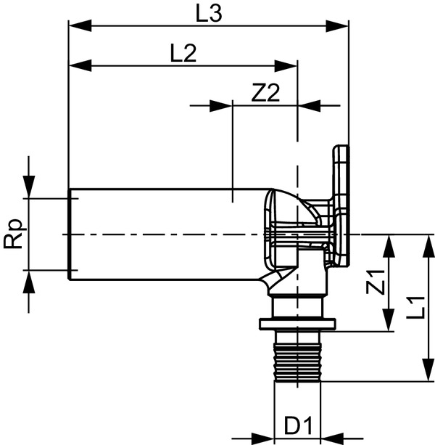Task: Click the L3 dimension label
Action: [209, 12]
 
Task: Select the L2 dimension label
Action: [183, 53]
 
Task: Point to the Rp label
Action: [14, 234]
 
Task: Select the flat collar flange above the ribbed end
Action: [297, 324]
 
